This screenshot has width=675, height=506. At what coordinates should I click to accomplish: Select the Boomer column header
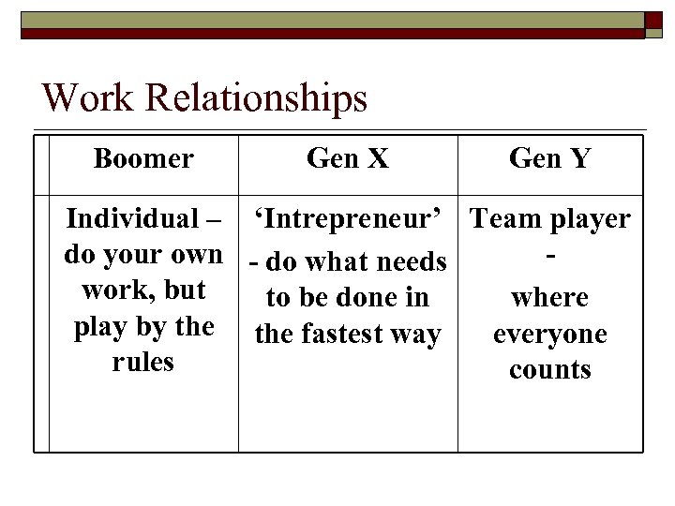[143, 158]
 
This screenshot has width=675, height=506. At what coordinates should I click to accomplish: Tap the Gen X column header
[347, 158]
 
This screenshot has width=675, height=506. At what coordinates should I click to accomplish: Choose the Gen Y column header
[550, 158]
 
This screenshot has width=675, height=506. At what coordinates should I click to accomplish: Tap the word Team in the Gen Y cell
[503, 219]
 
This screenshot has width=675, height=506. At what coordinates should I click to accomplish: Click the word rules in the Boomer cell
[142, 362]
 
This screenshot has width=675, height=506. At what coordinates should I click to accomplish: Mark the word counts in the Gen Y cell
[550, 370]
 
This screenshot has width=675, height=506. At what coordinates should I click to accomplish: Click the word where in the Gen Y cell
[550, 298]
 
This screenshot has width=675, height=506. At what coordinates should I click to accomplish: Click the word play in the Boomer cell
[97, 328]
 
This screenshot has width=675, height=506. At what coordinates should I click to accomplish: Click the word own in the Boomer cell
[197, 255]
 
